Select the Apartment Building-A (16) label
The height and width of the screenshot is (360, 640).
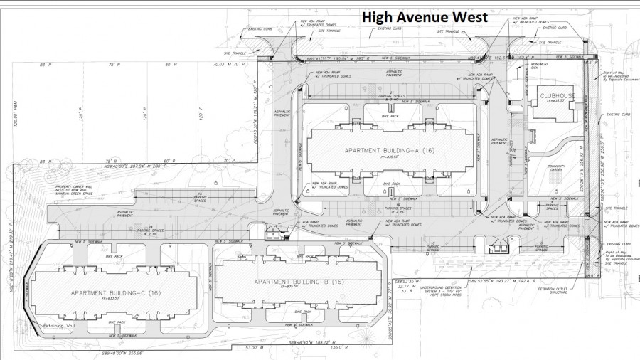pyautogui.click(x=389, y=151)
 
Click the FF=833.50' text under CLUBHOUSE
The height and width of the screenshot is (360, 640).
pyautogui.click(x=555, y=101)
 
